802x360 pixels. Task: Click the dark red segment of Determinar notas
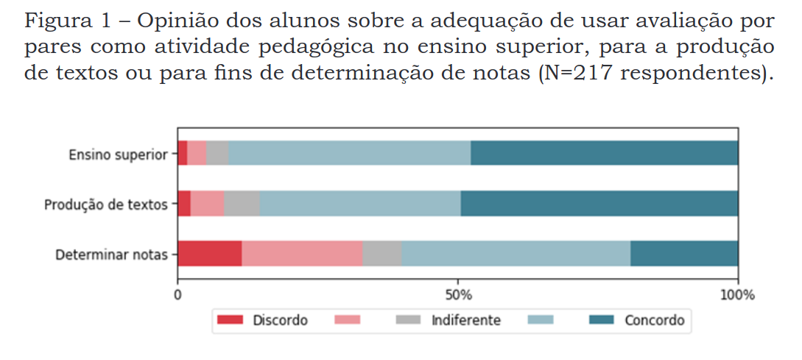point(210,254)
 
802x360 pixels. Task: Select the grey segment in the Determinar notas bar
point(381,254)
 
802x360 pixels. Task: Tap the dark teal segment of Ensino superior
point(604,154)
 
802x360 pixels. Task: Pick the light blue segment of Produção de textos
point(359,204)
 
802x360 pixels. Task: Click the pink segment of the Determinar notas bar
point(302,254)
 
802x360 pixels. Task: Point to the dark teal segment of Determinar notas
point(684,254)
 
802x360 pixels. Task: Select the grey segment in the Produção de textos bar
point(242,204)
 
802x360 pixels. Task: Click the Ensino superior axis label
point(118,155)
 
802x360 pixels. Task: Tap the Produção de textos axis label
point(106,205)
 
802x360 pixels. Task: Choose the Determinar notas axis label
point(112,255)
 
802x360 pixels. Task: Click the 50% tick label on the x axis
point(458,295)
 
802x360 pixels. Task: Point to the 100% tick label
point(738,295)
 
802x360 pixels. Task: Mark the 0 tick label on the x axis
point(177,295)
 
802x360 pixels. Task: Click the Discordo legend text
point(280,320)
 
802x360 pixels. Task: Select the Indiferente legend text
point(465,320)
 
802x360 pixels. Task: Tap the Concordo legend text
point(654,320)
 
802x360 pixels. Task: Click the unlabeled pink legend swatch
point(347,320)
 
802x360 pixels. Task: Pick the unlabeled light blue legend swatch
point(541,320)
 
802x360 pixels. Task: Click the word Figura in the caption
point(53,21)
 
